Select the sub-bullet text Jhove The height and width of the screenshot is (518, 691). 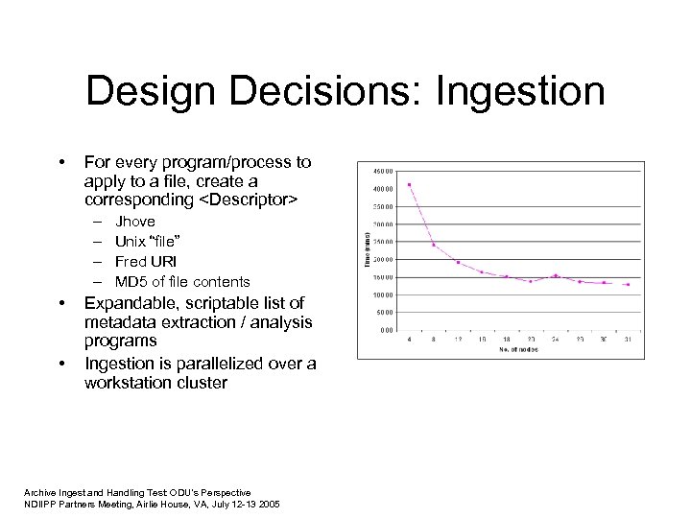[134, 221]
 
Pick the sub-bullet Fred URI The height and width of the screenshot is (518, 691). [145, 261]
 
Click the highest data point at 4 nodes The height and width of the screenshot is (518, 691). [410, 184]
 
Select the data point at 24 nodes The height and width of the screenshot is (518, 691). [555, 275]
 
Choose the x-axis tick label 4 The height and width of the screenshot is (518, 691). [410, 340]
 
